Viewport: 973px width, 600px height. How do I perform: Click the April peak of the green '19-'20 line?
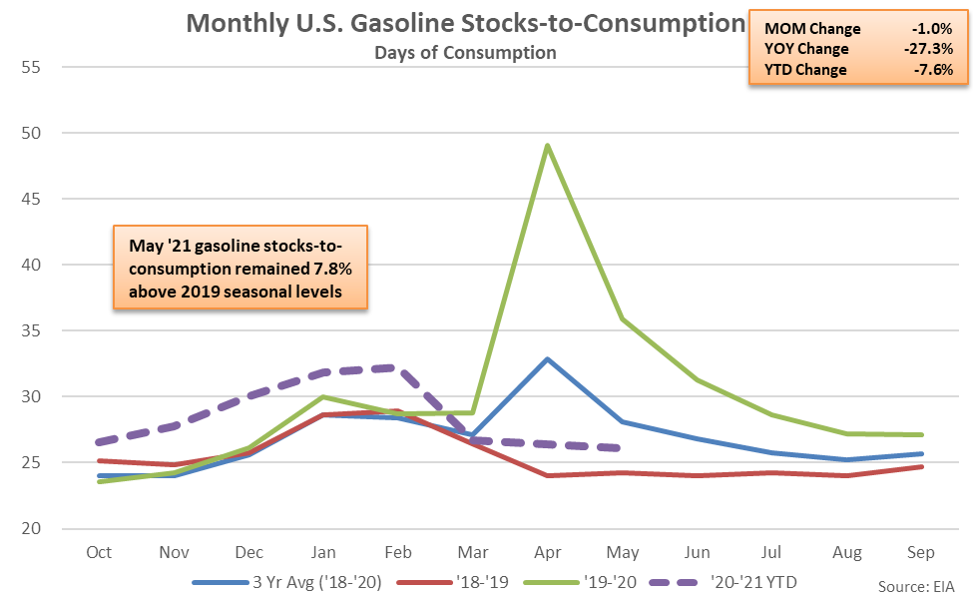[x=548, y=146]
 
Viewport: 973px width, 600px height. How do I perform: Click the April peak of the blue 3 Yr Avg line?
[x=548, y=358]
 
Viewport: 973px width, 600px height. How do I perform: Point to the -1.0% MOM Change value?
[x=934, y=29]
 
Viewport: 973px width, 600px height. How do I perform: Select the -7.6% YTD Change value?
[x=934, y=70]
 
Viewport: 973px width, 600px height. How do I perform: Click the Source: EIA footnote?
[x=915, y=585]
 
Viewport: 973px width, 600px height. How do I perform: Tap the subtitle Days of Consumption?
[x=465, y=52]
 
